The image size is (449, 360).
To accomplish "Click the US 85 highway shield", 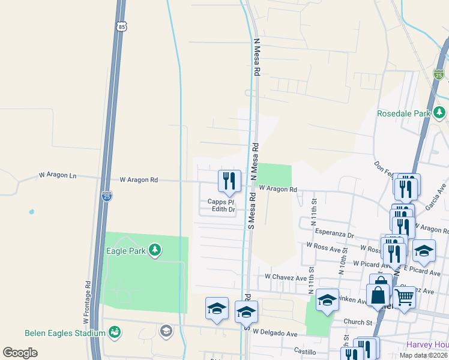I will pos(122,26).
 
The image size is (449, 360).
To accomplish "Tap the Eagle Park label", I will pos(125,251).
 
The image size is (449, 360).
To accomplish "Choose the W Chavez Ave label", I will pos(286,277).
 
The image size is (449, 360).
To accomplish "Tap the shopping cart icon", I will pos(404,297).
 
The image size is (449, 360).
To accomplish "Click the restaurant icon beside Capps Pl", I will pos(229,181).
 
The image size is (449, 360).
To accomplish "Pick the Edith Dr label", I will pos(223,209).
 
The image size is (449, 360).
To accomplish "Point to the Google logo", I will pos(20,353).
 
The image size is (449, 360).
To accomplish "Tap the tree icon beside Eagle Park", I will pos(155,250).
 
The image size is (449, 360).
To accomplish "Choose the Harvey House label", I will pos(427,344).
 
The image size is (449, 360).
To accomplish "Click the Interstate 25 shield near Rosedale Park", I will pos(439,74).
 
